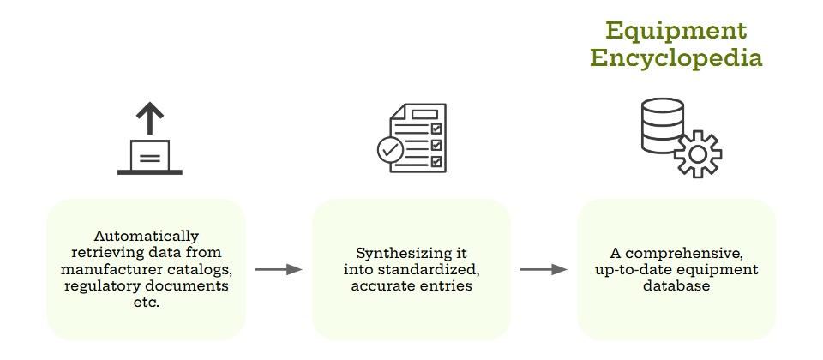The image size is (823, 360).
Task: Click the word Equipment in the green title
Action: point(676,31)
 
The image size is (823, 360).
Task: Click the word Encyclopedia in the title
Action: point(676,58)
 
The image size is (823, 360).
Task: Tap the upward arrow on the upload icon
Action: point(150,117)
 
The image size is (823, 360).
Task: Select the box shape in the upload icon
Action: point(150,155)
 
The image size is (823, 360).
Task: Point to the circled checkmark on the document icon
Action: point(391,150)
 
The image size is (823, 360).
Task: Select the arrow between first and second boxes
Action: point(279,269)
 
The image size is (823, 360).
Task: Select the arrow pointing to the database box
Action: point(544,269)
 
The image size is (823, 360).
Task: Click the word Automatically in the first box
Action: point(147,236)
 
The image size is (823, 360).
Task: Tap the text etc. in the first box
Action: point(147,302)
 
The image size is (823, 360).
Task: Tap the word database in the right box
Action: point(676,285)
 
